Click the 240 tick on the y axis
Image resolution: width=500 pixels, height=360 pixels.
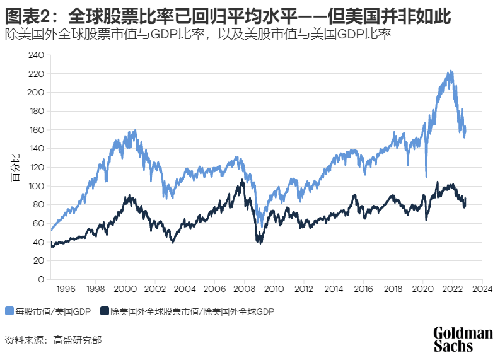(37, 55)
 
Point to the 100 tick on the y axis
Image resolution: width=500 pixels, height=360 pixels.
(37, 186)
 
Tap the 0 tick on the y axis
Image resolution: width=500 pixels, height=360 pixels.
(41, 279)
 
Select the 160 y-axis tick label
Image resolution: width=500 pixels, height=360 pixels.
(37, 130)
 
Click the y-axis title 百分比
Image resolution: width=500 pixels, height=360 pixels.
(14, 167)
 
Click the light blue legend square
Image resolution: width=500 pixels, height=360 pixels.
(9, 311)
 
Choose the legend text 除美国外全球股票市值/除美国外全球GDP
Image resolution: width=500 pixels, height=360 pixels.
(192, 311)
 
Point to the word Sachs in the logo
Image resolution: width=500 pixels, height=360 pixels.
(453, 346)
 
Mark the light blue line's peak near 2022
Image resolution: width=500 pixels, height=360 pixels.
(450, 71)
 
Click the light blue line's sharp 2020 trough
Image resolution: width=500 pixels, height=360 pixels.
(427, 177)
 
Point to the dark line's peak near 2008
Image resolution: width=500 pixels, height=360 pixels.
(241, 180)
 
